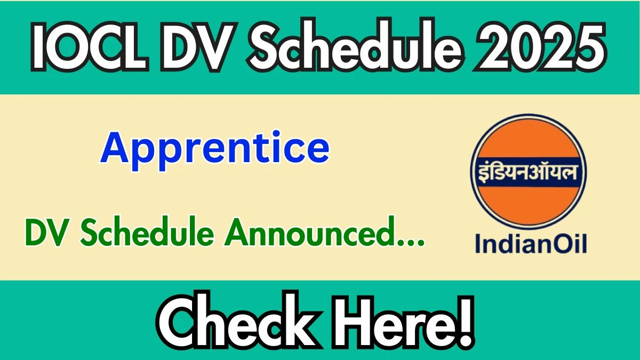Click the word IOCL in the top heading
(x=90, y=47)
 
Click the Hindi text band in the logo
(x=529, y=172)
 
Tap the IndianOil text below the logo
(x=531, y=244)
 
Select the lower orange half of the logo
(x=529, y=204)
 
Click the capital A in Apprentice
(x=114, y=147)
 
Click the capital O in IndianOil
(x=559, y=244)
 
